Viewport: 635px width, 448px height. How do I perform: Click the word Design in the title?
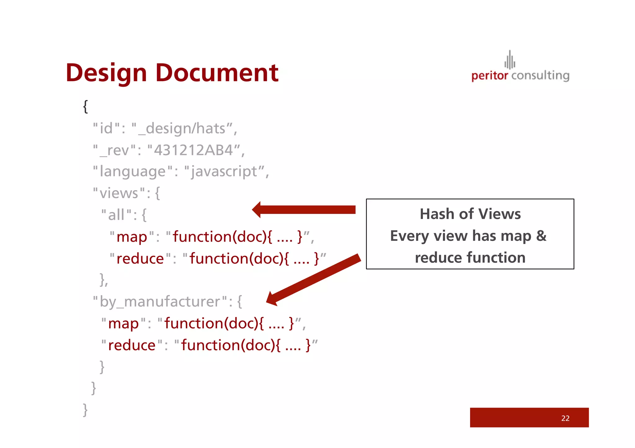click(106, 73)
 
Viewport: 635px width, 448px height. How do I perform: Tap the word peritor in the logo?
click(490, 76)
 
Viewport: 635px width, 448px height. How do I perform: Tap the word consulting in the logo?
click(540, 76)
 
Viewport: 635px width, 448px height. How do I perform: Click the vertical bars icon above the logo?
click(510, 60)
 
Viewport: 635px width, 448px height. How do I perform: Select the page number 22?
click(565, 418)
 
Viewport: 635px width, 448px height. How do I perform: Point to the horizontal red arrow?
click(304, 210)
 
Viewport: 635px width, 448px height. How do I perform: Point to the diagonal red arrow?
click(313, 280)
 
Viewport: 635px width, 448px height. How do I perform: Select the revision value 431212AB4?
click(193, 150)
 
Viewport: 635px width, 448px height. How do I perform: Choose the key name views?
click(119, 193)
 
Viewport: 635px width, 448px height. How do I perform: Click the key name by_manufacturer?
click(160, 302)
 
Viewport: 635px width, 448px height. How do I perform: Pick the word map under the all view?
click(132, 237)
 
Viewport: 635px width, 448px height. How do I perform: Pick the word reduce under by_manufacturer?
click(132, 346)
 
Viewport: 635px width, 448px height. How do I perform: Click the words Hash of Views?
click(470, 214)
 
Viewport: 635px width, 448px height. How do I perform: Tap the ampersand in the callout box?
click(541, 236)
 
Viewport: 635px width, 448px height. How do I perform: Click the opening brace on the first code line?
click(86, 107)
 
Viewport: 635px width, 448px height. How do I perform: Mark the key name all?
click(116, 215)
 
